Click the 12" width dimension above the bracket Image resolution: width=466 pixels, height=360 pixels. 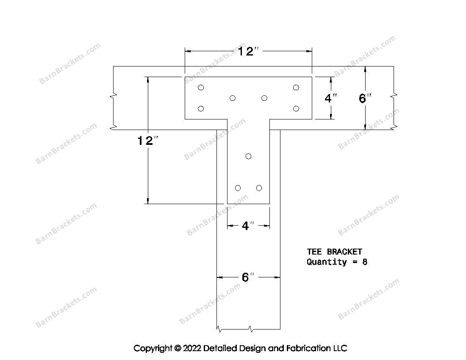pos(249,51)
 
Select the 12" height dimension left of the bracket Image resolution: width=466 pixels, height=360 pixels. pos(148,141)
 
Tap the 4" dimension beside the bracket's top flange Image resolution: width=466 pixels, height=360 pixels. pos(331,98)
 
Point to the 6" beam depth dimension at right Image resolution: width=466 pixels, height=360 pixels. pos(365,98)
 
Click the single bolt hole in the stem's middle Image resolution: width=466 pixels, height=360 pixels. pos(248,156)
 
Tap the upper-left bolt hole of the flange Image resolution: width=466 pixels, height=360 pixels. pos(201,87)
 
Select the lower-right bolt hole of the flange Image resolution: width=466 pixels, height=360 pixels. pos(296,109)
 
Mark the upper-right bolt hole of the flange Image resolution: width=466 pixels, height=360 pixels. pos(296,87)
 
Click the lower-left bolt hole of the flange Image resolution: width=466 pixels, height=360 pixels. pos(201,109)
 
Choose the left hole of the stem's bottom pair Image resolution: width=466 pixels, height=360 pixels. pos(238,188)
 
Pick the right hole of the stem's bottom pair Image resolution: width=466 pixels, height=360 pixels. pos(259,188)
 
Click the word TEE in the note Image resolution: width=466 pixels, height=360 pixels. pos(314,252)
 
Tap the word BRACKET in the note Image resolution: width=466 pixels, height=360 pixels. pos(344,252)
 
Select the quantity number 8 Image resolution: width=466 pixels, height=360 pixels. pos(365,262)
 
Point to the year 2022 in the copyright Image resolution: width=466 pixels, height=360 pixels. pos(192,348)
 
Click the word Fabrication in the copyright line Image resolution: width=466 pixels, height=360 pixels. pos(308,348)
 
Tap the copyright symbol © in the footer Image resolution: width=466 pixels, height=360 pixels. pos(178,349)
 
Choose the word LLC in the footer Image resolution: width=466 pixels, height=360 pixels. pos(340,348)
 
